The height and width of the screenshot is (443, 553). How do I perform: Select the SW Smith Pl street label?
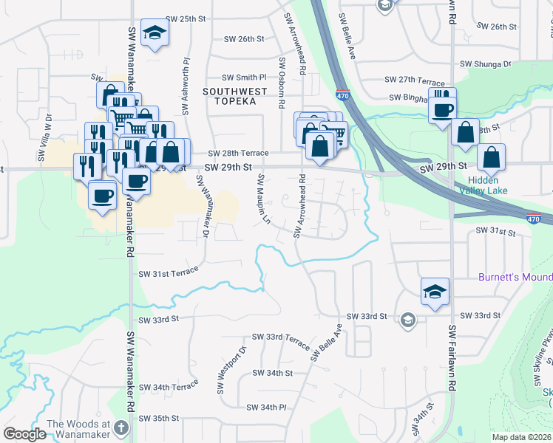(244, 77)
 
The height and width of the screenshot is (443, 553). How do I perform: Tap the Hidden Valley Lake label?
(482, 185)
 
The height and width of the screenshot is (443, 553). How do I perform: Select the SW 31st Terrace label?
(169, 273)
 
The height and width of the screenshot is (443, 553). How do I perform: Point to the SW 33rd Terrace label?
(281, 337)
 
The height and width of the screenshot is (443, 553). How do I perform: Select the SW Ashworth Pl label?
(185, 88)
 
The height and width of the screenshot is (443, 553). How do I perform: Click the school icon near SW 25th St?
(155, 32)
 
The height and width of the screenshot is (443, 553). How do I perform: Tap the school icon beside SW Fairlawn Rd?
(435, 291)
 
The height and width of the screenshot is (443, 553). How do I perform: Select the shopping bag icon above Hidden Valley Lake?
(491, 157)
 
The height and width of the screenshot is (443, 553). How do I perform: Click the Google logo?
(24, 434)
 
